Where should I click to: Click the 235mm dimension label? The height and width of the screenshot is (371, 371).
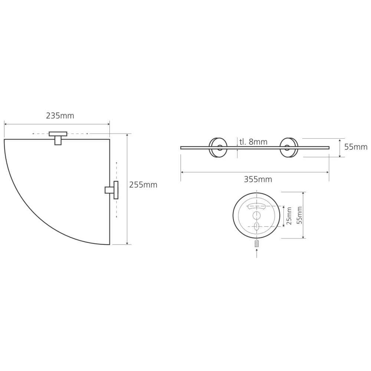click(60, 116)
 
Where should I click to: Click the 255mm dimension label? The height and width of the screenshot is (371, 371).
click(143, 185)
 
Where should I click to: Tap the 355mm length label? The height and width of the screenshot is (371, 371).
click(258, 179)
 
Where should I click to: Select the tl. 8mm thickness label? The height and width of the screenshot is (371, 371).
click(253, 142)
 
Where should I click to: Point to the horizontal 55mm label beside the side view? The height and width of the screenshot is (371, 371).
click(356, 147)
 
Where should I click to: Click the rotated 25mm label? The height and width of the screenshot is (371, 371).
click(289, 216)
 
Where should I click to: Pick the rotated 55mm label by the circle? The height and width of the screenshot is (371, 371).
click(299, 215)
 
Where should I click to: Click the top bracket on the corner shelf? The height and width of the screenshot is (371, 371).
click(58, 138)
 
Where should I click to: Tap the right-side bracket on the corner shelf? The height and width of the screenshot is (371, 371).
click(112, 190)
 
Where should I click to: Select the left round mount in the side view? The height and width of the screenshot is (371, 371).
click(218, 148)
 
